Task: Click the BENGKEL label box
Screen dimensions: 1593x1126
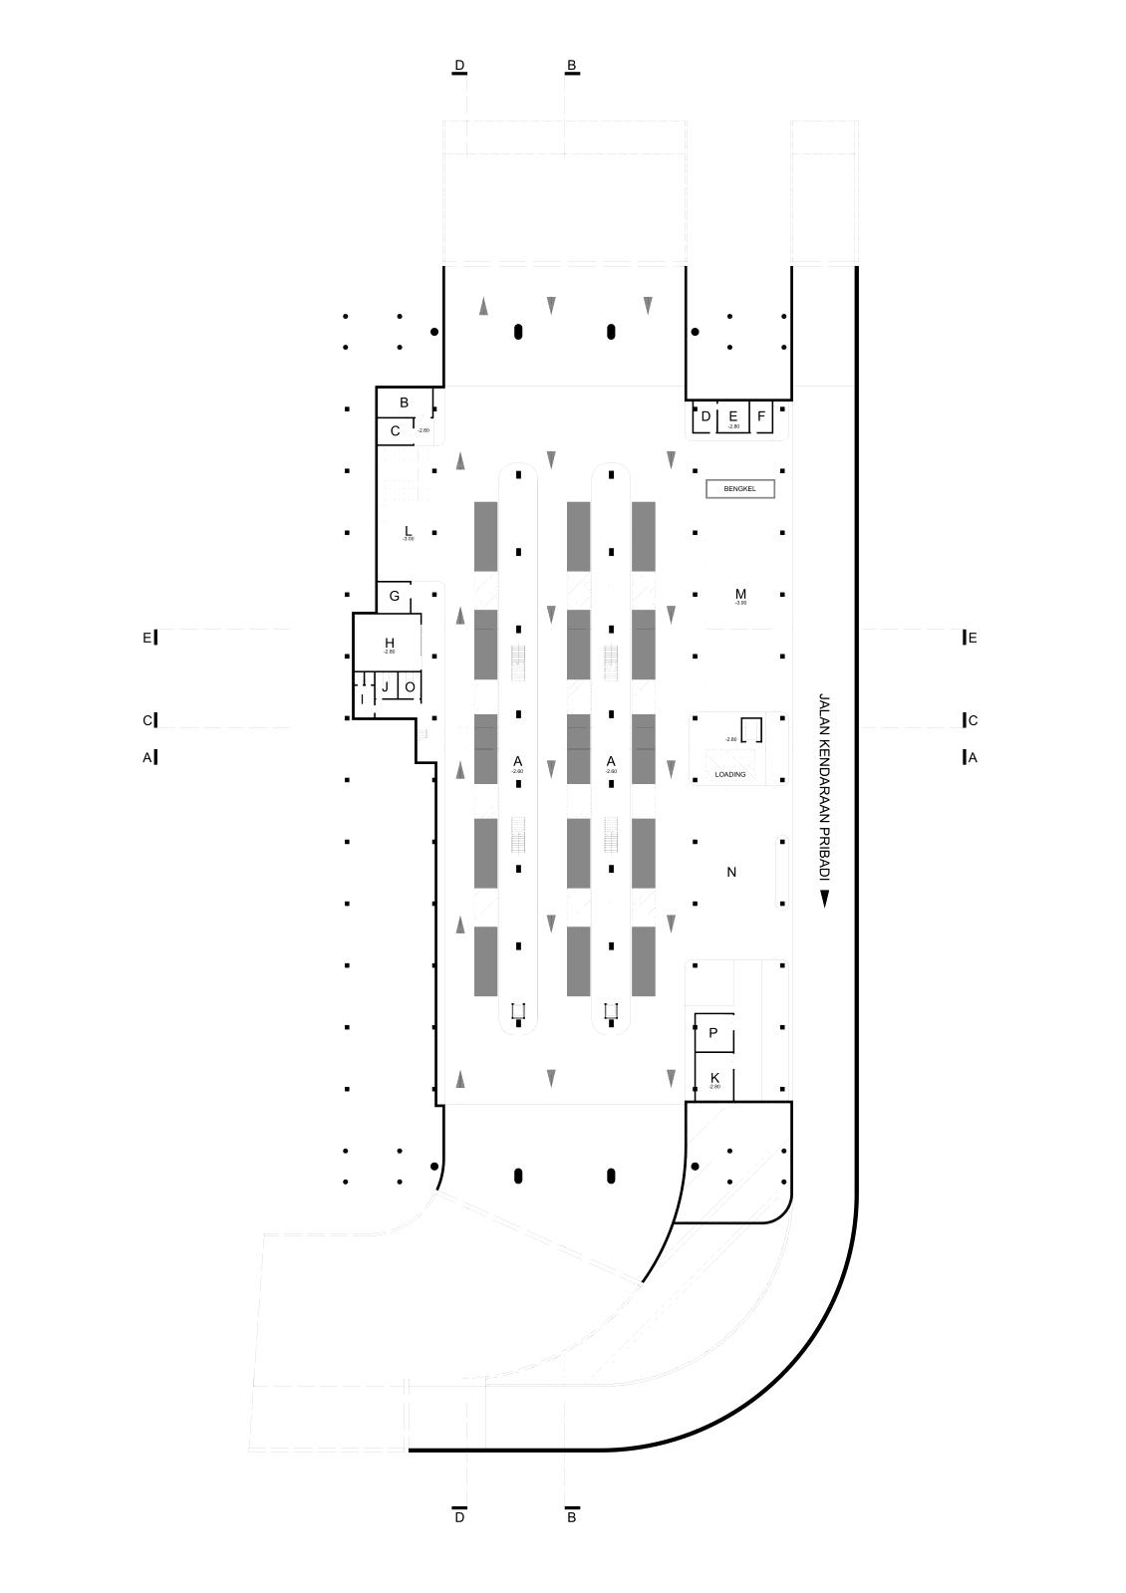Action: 739,489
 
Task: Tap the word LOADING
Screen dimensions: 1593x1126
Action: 730,774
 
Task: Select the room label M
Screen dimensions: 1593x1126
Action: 740,595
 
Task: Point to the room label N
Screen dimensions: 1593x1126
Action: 731,873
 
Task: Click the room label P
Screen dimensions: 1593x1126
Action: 713,1033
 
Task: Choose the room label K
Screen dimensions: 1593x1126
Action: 714,1078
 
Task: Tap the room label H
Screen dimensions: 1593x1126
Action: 390,643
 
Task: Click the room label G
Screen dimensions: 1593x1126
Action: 395,596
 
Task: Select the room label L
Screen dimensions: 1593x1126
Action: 408,530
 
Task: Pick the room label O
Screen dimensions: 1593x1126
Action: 410,687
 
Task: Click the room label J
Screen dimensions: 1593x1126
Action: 385,687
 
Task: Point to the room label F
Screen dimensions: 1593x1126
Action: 761,416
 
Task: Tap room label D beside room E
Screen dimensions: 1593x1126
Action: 705,416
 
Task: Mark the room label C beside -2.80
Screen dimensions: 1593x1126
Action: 395,431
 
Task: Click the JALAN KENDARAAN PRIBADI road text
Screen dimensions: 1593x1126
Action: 824,787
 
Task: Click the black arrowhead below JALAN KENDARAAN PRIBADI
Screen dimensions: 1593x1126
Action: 825,901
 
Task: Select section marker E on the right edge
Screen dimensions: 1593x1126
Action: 973,638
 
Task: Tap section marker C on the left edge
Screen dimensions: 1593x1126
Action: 147,720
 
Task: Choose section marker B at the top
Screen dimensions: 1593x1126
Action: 572,66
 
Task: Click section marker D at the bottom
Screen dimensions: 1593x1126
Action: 459,1517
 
